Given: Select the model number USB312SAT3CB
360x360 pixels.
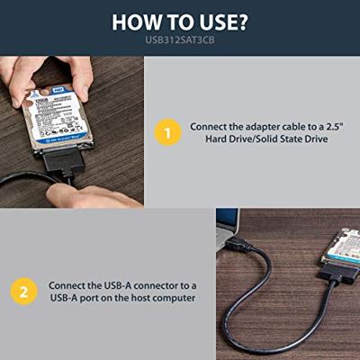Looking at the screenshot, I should [x=180, y=40].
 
